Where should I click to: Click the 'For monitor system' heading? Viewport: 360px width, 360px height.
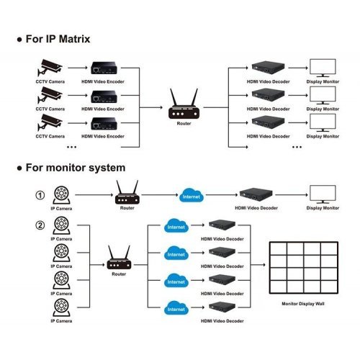point(72,168)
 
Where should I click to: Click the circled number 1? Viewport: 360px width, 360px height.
point(40,194)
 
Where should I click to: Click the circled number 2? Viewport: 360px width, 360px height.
point(40,224)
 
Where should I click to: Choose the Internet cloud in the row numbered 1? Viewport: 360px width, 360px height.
point(191,195)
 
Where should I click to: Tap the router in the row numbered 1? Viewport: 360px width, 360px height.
point(127,192)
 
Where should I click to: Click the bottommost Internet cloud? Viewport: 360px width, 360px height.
point(176,309)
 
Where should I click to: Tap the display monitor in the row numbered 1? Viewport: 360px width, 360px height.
point(323,194)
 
